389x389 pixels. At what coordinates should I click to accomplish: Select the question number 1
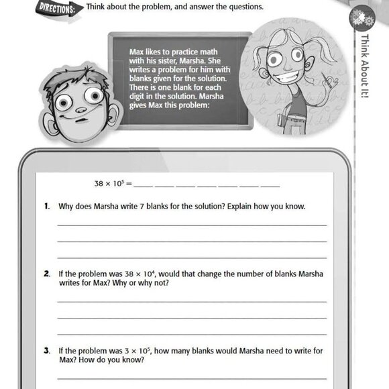[47, 206]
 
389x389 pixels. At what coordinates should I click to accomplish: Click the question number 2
[47, 274]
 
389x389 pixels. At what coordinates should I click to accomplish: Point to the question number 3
[47, 350]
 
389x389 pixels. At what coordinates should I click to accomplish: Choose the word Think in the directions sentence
[98, 7]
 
